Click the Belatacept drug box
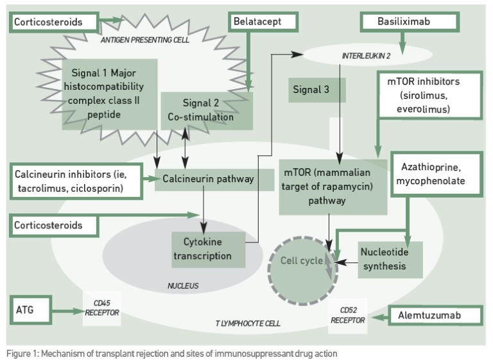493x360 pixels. pos(264,22)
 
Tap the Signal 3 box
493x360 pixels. pos(316,90)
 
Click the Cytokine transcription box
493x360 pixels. pos(207,250)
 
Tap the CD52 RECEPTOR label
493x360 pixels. pos(348,314)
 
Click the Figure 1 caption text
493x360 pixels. pos(171,354)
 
